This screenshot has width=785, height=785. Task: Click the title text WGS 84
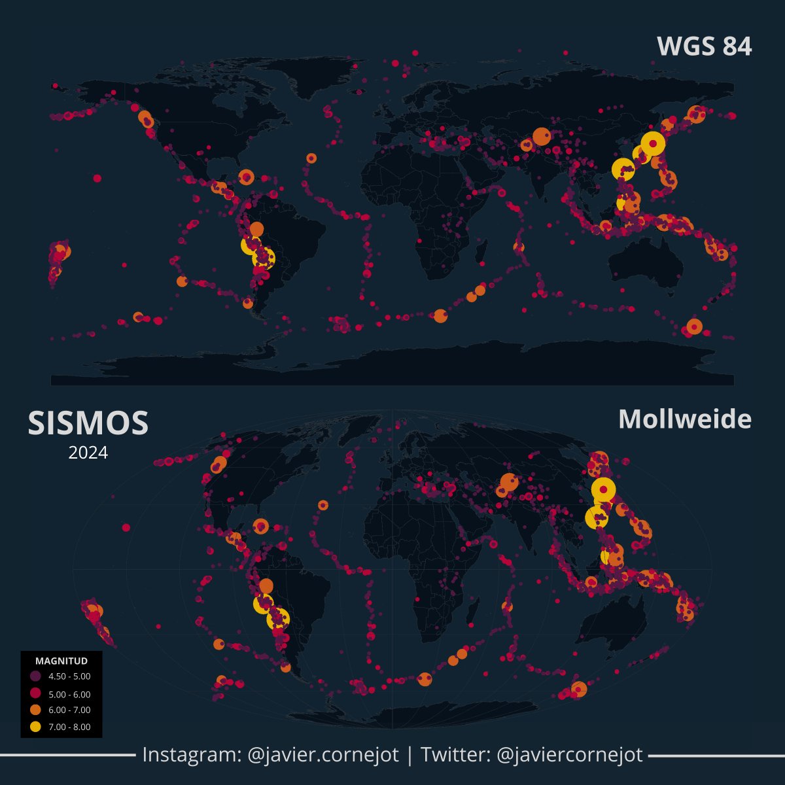pyautogui.click(x=704, y=46)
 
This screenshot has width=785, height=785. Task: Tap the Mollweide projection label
pyautogui.click(x=684, y=419)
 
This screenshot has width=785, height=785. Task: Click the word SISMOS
pyautogui.click(x=88, y=423)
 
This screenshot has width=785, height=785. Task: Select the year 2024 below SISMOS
pyautogui.click(x=88, y=453)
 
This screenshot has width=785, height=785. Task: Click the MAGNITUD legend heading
pyautogui.click(x=61, y=661)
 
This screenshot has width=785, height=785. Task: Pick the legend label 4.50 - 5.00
pyautogui.click(x=69, y=676)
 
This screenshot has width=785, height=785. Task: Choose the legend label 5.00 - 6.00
pyautogui.click(x=69, y=694)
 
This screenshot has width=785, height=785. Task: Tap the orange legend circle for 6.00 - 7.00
pyautogui.click(x=35, y=710)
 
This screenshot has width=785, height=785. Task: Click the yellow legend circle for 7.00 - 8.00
pyautogui.click(x=35, y=727)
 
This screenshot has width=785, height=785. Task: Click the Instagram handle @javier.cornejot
pyautogui.click(x=323, y=755)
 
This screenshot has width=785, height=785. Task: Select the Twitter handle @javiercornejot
pyautogui.click(x=570, y=755)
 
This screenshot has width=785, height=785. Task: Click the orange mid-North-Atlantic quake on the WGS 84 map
pyautogui.click(x=311, y=158)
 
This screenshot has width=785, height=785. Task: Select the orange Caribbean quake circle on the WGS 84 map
pyautogui.click(x=246, y=177)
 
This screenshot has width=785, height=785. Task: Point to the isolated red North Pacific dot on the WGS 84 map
pyautogui.click(x=97, y=178)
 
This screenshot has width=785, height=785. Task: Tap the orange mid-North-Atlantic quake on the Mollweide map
pyautogui.click(x=323, y=505)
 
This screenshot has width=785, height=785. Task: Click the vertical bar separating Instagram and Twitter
pyautogui.click(x=410, y=755)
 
